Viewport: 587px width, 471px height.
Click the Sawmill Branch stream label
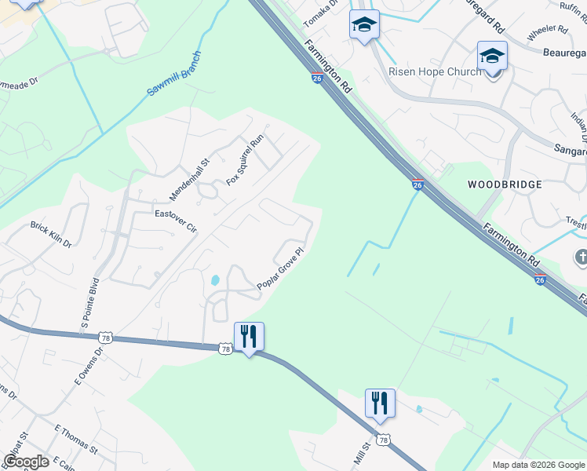[174, 75]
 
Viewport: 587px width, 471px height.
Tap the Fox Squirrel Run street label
[245, 161]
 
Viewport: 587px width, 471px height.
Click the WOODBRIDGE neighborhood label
[505, 184]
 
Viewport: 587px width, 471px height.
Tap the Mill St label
[361, 453]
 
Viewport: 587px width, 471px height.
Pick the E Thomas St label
[75, 440]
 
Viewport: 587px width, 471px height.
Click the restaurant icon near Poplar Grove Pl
[249, 337]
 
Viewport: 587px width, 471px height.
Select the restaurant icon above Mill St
[380, 403]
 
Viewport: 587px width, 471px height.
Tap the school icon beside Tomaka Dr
[364, 24]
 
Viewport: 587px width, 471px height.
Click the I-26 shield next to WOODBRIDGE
[418, 184]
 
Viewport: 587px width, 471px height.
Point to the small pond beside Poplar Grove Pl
[214, 279]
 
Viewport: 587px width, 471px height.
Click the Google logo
[26, 462]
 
